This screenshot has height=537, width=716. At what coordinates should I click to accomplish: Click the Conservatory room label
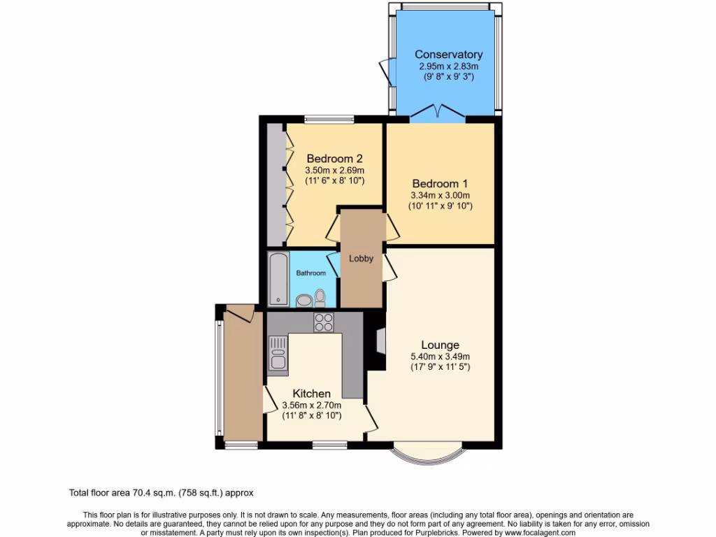[x=448, y=55]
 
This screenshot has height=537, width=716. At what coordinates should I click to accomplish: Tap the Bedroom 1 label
[x=440, y=184]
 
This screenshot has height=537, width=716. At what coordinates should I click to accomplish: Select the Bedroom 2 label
[x=334, y=158]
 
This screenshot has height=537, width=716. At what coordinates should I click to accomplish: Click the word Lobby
[x=361, y=259]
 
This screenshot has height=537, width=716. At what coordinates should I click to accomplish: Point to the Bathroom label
[x=310, y=273]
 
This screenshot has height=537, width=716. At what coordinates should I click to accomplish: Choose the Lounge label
[x=440, y=345]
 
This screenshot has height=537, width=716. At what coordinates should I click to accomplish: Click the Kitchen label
[x=311, y=394]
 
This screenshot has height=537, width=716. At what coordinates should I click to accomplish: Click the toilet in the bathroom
[x=320, y=299]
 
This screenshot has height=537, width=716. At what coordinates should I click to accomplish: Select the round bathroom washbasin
[x=304, y=301]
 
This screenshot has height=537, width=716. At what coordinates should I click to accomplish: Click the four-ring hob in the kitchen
[x=324, y=322]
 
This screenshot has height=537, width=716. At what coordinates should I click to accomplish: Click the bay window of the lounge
[x=427, y=456]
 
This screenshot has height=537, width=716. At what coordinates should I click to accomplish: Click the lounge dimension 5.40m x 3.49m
[x=440, y=357]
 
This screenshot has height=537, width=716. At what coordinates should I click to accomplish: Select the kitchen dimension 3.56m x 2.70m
[x=311, y=406]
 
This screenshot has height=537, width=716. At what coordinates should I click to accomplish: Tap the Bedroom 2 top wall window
[x=329, y=120]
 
